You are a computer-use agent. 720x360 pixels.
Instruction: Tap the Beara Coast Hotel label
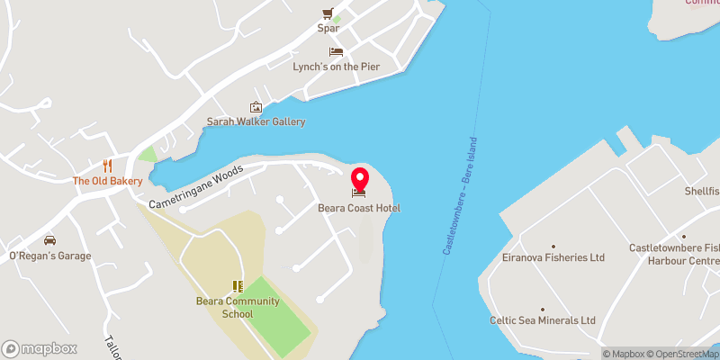tap(359, 209)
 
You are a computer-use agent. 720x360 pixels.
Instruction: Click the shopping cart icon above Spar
tap(328, 13)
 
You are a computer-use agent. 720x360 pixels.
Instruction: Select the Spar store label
tap(328, 28)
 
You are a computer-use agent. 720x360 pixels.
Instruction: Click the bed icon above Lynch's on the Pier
tap(336, 52)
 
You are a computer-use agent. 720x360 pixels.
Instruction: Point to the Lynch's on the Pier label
tap(336, 67)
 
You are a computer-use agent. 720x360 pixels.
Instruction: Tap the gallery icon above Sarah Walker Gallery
tap(256, 107)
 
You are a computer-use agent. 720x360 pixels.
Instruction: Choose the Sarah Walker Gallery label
tap(256, 121)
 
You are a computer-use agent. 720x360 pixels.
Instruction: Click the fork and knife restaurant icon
tap(108, 166)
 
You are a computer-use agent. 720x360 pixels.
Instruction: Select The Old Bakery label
tap(108, 181)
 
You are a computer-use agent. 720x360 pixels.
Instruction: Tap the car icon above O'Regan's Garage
tap(50, 240)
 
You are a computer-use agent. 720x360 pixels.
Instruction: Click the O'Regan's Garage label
tap(50, 256)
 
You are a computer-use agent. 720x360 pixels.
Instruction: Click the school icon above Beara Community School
tap(238, 286)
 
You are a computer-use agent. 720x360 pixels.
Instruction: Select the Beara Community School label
tap(238, 307)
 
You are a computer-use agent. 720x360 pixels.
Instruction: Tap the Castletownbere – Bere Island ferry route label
tap(460, 195)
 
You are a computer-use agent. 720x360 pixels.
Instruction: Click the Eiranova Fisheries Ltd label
tap(553, 257)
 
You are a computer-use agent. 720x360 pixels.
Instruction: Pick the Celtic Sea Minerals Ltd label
tap(542, 319)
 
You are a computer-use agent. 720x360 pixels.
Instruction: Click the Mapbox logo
tap(40, 348)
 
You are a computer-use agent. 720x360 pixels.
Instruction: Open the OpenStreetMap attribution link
tap(683, 354)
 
